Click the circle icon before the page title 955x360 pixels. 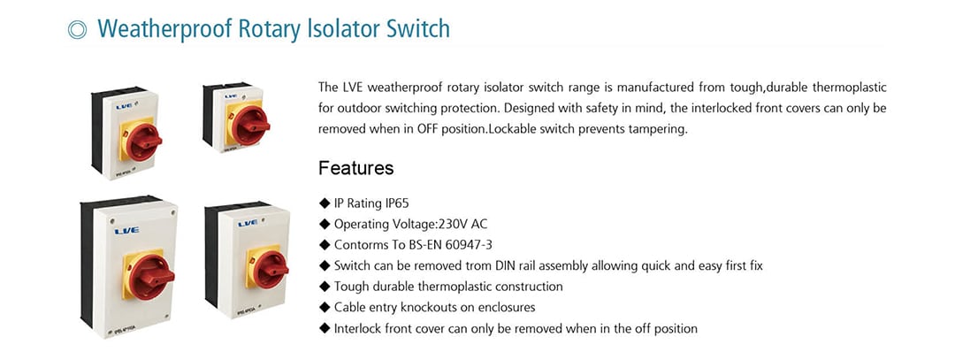tap(77, 30)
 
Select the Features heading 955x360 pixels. tap(356, 167)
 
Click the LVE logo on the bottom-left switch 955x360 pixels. tap(126, 230)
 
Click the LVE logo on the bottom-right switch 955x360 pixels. tap(248, 224)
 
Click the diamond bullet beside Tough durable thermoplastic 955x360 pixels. tap(324, 287)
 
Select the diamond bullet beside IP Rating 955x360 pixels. tap(324, 203)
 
